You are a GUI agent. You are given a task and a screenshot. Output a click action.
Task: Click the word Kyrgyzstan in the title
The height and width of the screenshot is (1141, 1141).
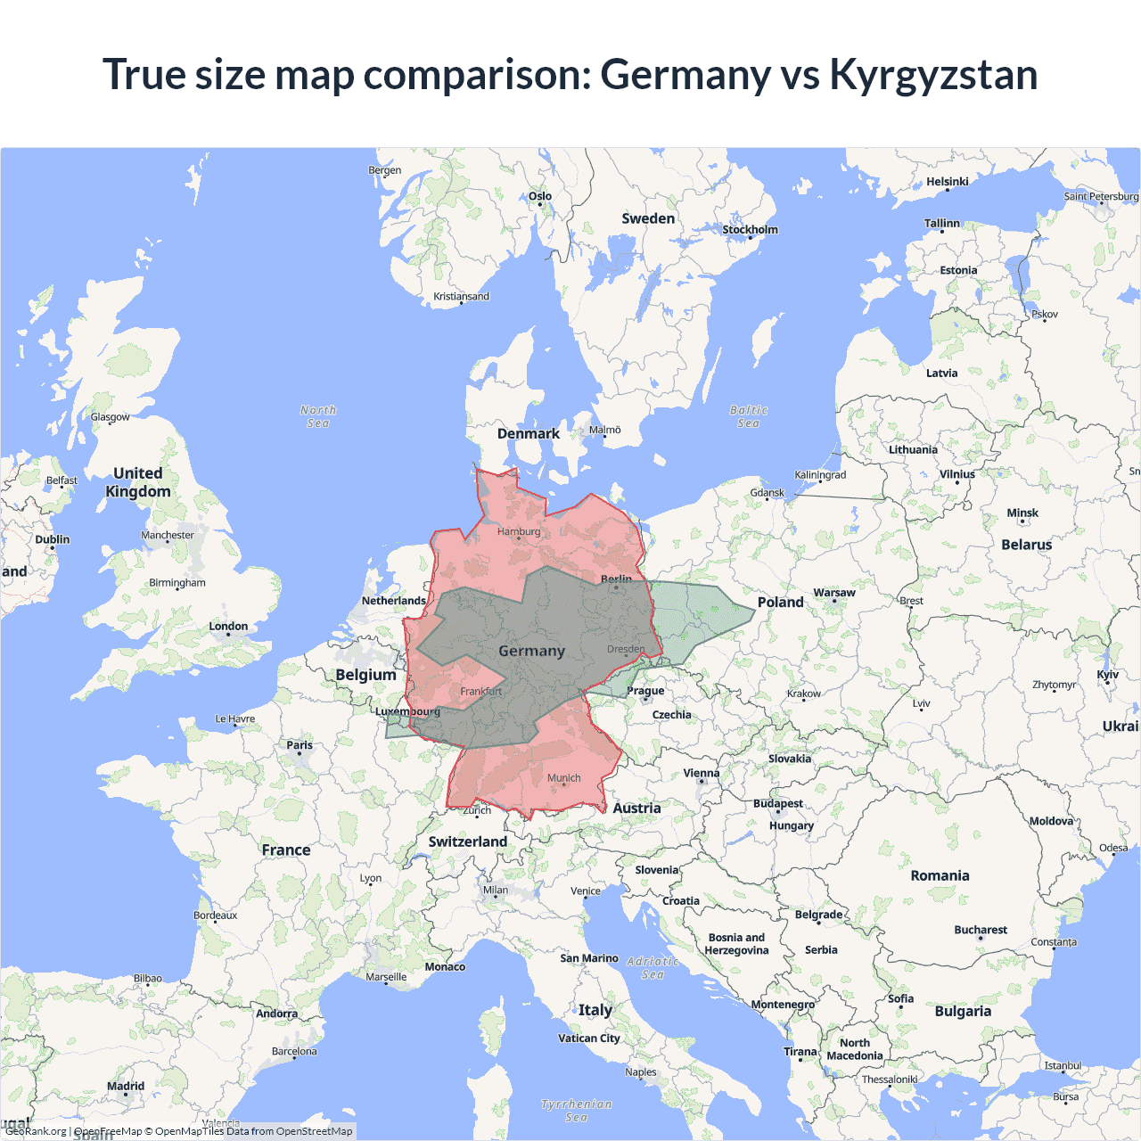coord(933,75)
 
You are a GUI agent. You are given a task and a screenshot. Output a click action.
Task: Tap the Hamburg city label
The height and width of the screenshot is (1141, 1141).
coord(519,531)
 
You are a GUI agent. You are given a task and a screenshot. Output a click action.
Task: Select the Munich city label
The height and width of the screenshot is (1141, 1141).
coord(563,778)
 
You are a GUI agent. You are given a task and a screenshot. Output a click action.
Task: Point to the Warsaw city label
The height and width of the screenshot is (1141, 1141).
coord(833,593)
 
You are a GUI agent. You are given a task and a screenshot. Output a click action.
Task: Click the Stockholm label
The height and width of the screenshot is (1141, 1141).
coord(750,230)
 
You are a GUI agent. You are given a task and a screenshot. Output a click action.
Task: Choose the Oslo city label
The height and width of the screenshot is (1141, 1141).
coord(540,196)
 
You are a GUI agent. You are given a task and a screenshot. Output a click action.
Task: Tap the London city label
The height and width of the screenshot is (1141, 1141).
coord(228,627)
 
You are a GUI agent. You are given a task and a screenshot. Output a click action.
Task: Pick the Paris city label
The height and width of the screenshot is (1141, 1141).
coord(300,745)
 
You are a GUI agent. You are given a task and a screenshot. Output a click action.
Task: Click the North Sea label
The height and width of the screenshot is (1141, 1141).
coord(318,416)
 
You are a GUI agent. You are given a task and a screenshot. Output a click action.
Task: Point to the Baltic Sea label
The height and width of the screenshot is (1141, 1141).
coord(749,416)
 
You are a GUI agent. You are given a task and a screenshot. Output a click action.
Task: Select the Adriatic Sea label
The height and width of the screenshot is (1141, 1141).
coord(653,968)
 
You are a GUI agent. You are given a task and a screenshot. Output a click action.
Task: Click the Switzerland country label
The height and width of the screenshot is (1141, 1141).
coord(467,841)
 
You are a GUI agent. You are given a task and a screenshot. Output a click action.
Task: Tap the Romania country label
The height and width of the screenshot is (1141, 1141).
coord(940,875)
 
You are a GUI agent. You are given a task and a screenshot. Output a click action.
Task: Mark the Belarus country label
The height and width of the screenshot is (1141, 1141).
coord(1026,545)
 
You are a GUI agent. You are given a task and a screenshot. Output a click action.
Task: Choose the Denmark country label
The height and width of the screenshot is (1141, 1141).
coord(529,434)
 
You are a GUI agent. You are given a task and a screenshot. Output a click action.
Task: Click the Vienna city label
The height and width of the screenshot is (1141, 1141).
coord(701,774)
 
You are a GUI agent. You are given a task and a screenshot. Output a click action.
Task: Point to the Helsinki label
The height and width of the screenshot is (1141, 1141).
coord(947,182)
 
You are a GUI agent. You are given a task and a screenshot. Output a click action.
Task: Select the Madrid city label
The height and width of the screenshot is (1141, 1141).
coord(126,1087)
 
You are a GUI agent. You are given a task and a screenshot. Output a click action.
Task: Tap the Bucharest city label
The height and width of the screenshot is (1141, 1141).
coord(981,930)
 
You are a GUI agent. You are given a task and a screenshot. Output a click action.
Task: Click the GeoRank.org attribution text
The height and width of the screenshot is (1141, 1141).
coord(36,1131)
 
